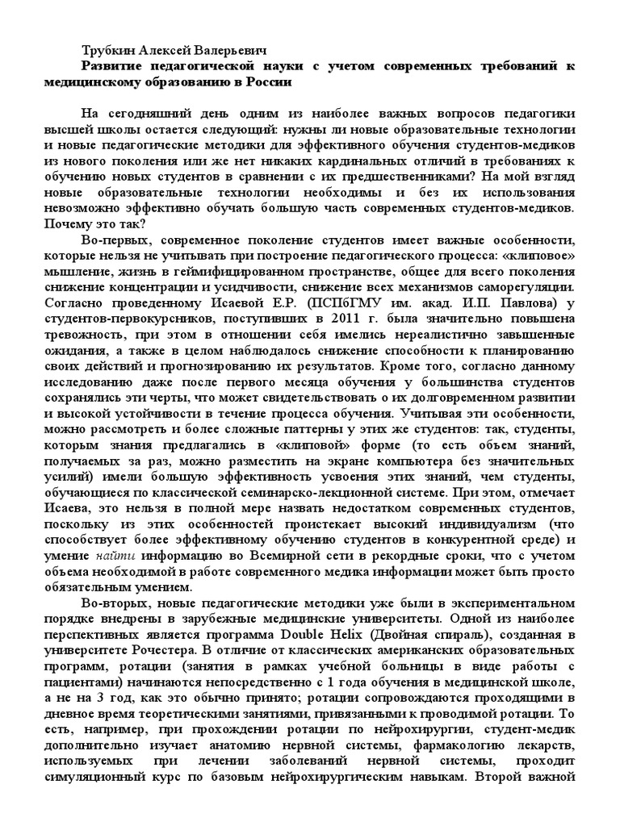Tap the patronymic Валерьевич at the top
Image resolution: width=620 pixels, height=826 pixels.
(234, 48)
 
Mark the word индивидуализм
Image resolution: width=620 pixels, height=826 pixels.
(473, 521)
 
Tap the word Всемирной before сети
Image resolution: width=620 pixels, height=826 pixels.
(283, 557)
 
